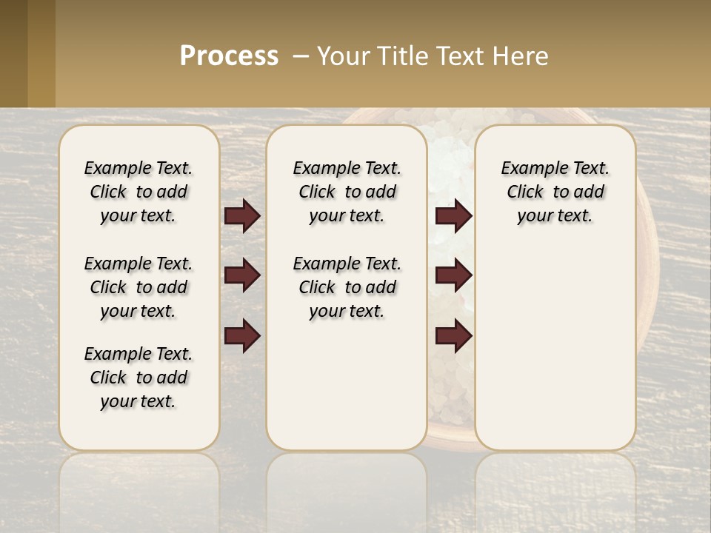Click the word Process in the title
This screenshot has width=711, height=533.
[x=229, y=56]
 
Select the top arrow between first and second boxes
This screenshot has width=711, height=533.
[x=242, y=216]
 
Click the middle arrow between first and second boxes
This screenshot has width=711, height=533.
[x=242, y=276]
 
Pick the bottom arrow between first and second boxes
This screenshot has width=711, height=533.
[x=242, y=336]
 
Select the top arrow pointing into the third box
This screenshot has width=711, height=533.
[x=453, y=216]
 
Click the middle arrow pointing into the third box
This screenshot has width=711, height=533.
[x=453, y=276]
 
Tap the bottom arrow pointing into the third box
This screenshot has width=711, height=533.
[x=453, y=336]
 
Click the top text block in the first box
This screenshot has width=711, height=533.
[x=138, y=192]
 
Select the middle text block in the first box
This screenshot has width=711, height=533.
[x=138, y=287]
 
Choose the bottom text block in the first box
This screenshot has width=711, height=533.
[x=138, y=378]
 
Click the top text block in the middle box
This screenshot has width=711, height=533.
[x=347, y=192]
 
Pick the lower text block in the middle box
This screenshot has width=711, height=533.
[x=347, y=287]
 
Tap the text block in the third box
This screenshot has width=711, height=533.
[x=555, y=192]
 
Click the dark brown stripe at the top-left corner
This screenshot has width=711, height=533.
[x=13, y=53]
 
